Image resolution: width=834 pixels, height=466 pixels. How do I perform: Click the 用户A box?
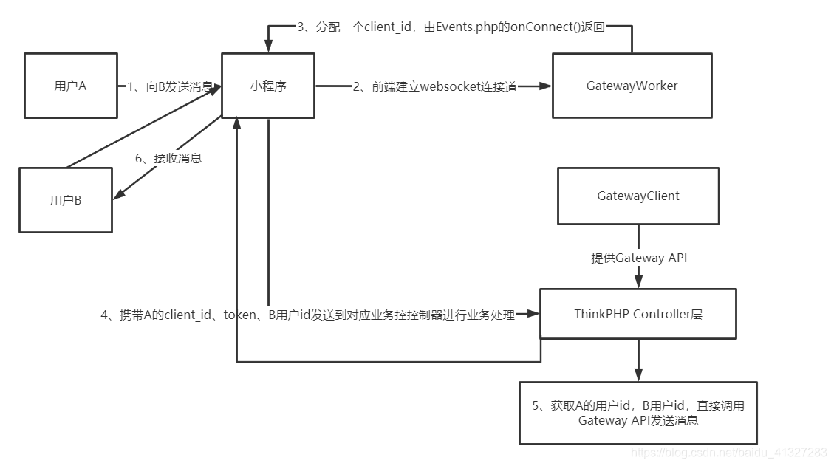70,86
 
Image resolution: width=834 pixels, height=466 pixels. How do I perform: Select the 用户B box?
66,200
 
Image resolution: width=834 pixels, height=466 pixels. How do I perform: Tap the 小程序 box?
268,86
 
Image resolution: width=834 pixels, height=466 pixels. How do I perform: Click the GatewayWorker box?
632,86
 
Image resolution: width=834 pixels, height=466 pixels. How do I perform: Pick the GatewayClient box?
638,196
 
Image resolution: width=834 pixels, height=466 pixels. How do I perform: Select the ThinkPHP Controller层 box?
638,314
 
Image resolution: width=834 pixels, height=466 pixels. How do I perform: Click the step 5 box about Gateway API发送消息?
638,413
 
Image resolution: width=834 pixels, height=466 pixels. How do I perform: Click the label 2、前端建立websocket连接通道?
434,86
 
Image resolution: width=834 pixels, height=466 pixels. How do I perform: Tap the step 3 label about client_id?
451,27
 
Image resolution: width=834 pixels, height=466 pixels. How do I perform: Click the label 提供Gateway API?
638,258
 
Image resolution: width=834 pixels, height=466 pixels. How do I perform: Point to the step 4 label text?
307,315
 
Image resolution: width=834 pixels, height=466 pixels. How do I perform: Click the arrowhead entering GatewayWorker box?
546,86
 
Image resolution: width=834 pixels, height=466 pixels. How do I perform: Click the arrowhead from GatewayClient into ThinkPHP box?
638,282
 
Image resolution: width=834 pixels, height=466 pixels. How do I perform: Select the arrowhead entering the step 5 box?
638,375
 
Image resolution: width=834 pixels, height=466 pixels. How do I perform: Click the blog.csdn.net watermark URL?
731,452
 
